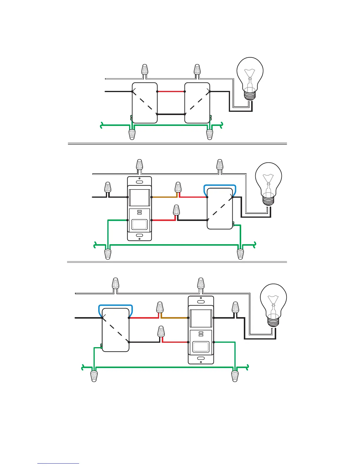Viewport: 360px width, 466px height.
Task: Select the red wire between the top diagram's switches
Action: (x=171, y=91)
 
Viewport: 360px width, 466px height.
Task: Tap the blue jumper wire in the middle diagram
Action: (x=220, y=186)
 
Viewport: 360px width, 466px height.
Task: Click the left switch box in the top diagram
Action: (x=145, y=103)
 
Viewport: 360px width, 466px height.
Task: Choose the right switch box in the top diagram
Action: (x=197, y=103)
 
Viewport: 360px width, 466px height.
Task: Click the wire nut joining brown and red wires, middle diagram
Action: (x=178, y=187)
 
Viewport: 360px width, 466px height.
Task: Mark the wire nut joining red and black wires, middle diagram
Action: (x=176, y=210)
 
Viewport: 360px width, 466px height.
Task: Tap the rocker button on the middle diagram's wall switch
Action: (x=139, y=224)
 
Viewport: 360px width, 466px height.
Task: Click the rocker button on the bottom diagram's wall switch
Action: (x=201, y=347)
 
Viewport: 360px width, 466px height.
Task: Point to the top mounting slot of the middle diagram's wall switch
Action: (x=139, y=182)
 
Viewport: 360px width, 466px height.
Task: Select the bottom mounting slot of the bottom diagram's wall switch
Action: (x=201, y=358)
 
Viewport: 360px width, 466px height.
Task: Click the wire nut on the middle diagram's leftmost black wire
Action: (x=108, y=187)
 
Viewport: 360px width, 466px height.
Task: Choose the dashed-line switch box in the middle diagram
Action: (x=220, y=209)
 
